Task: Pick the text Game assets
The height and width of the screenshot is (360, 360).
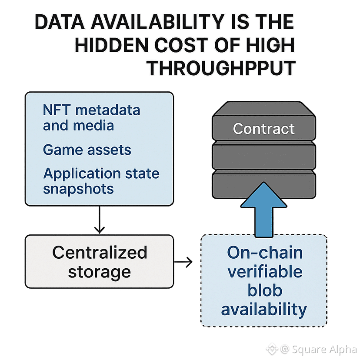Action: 87,150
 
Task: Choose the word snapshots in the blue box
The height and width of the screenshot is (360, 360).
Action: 78,189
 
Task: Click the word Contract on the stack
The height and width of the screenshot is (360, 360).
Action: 263,129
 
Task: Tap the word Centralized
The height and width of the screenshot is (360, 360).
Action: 100,252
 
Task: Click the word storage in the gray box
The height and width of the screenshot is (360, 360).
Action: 100,272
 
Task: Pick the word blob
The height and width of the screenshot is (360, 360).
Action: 264,291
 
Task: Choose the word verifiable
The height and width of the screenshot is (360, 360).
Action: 264,272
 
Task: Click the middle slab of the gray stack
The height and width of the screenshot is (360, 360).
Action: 263,154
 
